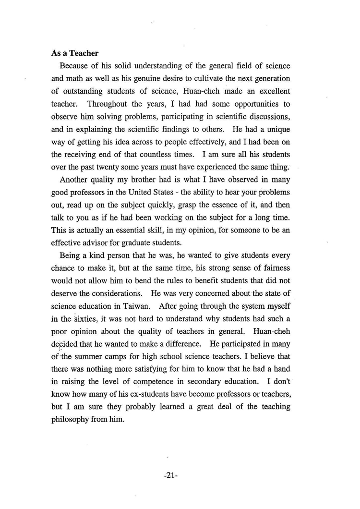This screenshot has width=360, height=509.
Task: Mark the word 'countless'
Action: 158,155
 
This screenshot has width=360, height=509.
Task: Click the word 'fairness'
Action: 276,267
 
